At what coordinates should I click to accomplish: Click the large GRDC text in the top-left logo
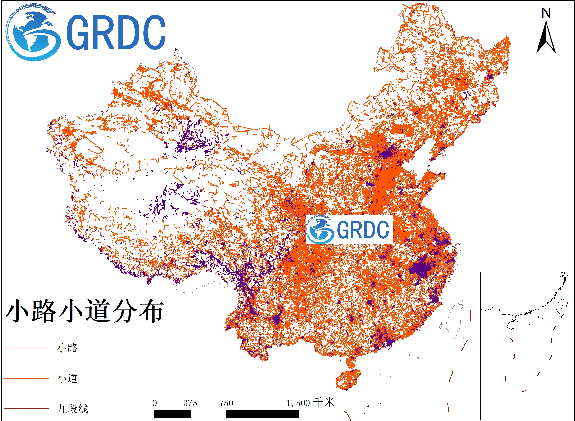116,32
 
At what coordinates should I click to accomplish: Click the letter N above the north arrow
546,13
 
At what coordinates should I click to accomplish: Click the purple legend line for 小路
26,348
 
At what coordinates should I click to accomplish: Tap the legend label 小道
67,378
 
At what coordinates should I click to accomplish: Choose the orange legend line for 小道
26,378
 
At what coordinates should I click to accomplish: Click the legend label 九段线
73,409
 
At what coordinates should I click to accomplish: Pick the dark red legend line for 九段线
26,409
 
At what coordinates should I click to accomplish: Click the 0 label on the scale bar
154,403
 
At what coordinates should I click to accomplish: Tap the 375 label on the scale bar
190,403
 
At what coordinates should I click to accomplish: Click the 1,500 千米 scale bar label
310,403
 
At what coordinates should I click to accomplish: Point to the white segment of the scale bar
208,414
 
